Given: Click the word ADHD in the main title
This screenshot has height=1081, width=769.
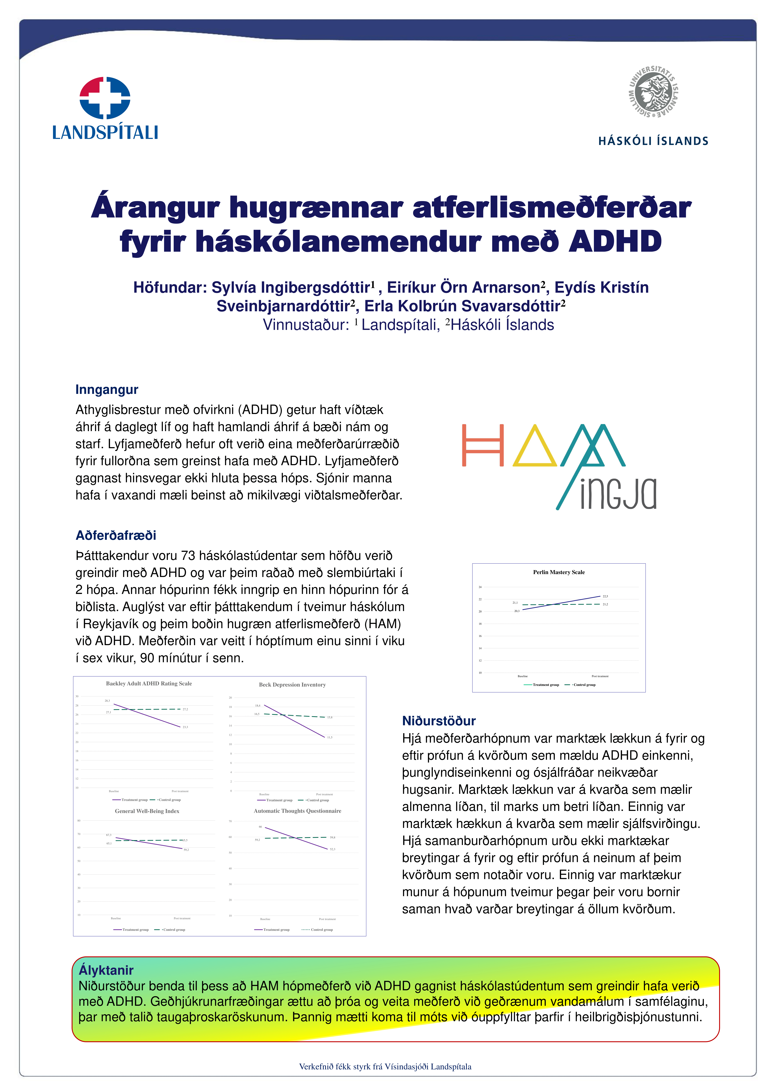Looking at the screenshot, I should click(615, 242).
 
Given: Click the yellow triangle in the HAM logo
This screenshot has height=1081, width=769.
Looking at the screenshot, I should click(534, 447).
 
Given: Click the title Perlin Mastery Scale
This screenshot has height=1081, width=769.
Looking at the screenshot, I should click(559, 572).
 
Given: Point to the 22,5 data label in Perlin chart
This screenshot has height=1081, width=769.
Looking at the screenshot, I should click(605, 596).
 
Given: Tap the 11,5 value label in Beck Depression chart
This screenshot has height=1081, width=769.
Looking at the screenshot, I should click(330, 738).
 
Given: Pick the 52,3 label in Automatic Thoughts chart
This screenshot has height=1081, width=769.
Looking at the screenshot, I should click(332, 849).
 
